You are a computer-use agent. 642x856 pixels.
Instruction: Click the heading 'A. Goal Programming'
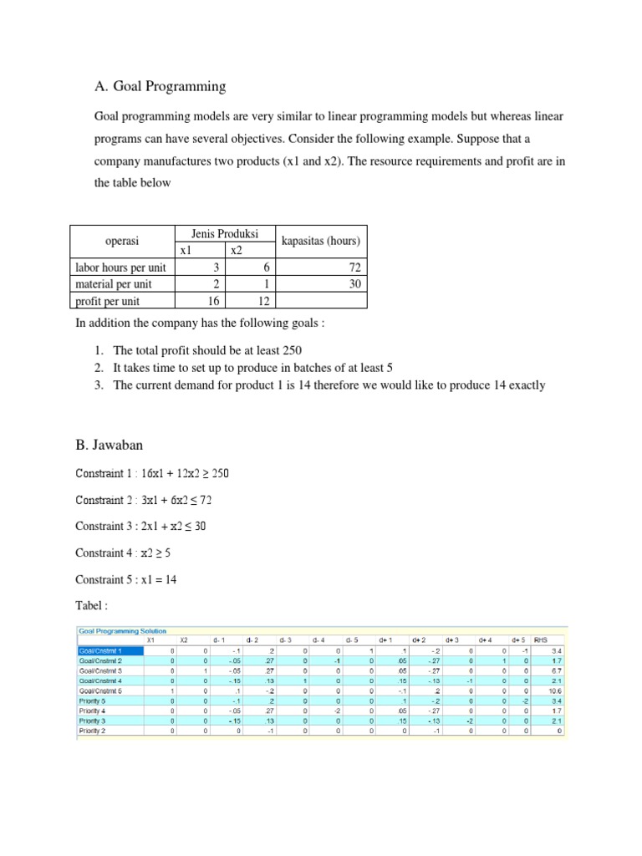(x=161, y=85)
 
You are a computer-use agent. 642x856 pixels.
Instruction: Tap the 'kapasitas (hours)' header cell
(x=320, y=242)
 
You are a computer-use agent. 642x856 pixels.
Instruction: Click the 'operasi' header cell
(x=121, y=242)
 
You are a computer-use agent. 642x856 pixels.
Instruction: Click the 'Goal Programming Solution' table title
(x=122, y=631)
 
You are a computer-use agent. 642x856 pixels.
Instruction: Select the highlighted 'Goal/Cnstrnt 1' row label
(x=99, y=650)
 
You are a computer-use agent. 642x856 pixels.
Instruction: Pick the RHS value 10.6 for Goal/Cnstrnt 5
(x=555, y=690)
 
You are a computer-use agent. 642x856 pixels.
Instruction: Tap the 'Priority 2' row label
(x=94, y=731)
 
